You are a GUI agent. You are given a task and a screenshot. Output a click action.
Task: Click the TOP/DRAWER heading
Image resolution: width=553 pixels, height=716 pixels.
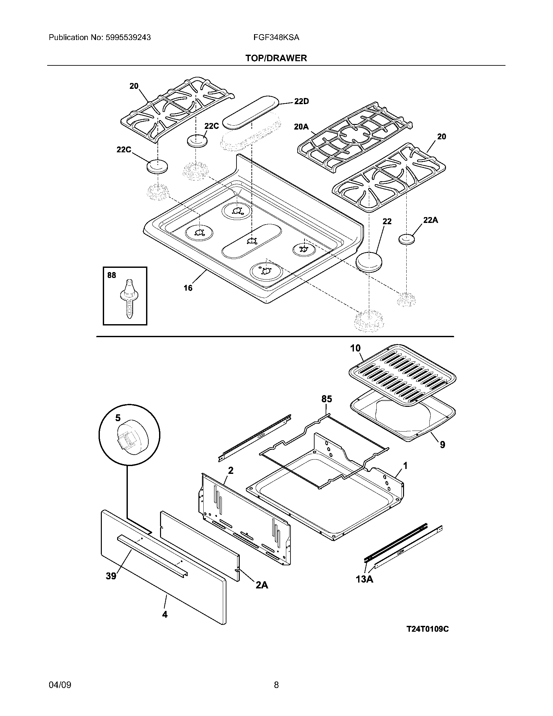coord(276,58)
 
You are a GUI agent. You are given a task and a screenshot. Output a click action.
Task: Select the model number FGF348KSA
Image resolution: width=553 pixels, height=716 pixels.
coord(276,37)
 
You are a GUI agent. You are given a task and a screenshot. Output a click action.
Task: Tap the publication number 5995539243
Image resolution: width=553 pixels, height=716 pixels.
coord(128,37)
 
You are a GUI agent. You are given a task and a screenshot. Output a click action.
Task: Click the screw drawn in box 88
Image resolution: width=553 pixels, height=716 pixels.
coord(129,298)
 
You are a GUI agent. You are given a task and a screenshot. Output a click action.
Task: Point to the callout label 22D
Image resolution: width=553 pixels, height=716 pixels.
coord(301,101)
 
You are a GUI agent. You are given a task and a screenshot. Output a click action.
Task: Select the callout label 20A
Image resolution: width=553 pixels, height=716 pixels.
coord(301,127)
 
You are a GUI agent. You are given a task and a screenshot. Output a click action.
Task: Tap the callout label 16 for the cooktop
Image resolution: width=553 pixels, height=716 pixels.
coord(188,288)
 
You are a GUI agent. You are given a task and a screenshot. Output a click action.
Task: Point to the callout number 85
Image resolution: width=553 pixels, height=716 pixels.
coord(326,399)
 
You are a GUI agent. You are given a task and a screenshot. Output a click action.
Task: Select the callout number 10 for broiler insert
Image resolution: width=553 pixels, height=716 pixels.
coord(355,348)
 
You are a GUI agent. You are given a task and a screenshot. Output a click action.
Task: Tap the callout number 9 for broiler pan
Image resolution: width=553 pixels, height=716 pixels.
coord(442,445)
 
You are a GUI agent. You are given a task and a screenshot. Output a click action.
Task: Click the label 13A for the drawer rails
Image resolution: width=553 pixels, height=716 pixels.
coord(364,579)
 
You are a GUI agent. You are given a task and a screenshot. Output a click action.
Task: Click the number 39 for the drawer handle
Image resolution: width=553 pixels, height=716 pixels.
coord(111,576)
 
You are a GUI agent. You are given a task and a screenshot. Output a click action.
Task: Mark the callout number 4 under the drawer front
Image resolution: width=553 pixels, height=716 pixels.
coord(165,615)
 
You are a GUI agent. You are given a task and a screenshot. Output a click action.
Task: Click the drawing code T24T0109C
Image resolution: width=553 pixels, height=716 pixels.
coord(427,629)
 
